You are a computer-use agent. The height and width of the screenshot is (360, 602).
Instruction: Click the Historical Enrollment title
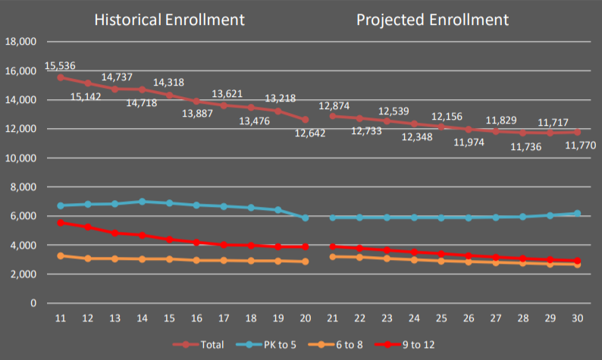[169, 20]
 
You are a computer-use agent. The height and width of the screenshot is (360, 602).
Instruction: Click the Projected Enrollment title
[432, 20]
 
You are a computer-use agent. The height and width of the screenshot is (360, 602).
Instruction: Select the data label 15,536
[60, 66]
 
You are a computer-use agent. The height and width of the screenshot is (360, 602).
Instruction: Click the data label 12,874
[334, 105]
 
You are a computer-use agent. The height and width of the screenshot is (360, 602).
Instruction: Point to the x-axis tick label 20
[305, 317]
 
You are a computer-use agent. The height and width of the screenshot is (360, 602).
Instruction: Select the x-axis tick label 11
[61, 317]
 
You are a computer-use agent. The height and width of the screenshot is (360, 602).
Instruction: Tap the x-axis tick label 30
[577, 317]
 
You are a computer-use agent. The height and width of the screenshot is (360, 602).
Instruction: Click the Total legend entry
[204, 345]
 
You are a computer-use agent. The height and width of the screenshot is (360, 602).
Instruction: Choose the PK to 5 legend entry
[272, 345]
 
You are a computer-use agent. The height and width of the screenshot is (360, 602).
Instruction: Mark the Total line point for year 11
[61, 77]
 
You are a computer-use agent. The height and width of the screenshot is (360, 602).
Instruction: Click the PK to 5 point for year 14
[142, 202]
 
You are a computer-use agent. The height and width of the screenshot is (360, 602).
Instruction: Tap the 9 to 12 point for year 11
[61, 223]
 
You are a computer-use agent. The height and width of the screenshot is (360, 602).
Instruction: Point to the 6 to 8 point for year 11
[61, 256]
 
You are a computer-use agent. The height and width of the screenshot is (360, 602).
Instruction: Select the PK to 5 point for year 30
[577, 214]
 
